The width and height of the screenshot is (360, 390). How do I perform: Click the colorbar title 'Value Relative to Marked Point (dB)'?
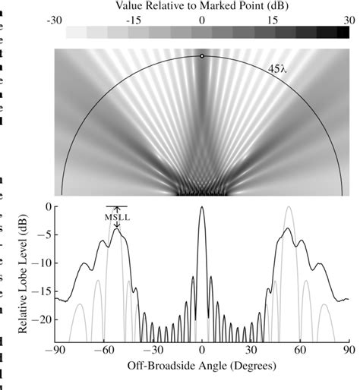202,6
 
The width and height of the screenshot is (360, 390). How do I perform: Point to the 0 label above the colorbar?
202,20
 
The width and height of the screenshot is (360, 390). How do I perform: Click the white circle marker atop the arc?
202,56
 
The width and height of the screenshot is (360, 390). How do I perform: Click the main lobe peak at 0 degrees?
202,208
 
